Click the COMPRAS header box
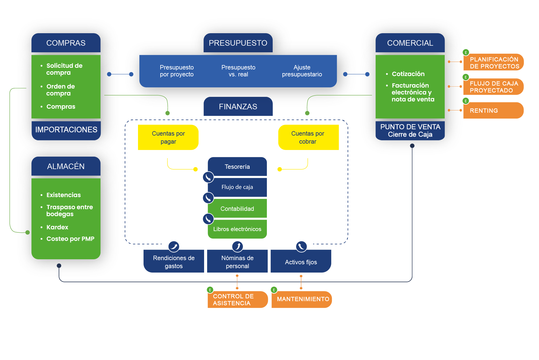[x=66, y=43]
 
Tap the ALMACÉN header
[x=66, y=166]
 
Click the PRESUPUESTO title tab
[x=238, y=43]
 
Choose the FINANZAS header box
[x=238, y=107]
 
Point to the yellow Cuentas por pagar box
[x=168, y=137]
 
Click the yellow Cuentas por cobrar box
[x=308, y=137]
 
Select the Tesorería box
[x=237, y=167]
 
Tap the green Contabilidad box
[x=237, y=208]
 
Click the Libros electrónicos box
[x=237, y=229]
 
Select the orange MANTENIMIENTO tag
[x=302, y=299]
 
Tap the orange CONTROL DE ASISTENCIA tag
[x=238, y=299]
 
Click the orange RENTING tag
[x=493, y=110]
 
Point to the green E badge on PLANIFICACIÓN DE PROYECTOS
[x=466, y=53]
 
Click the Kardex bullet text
[x=57, y=227]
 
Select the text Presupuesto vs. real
[x=238, y=71]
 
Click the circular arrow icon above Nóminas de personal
[x=238, y=246]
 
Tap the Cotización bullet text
[x=408, y=74]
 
